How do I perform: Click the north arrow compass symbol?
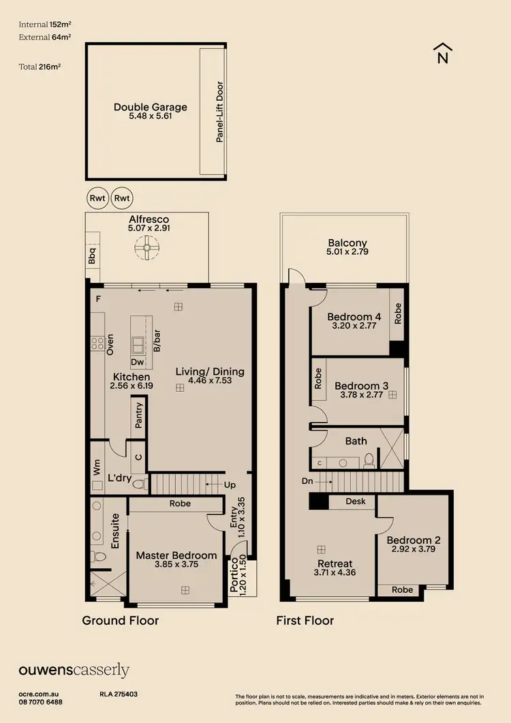442,53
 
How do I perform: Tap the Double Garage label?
150,107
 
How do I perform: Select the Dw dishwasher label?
137,363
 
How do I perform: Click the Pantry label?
139,414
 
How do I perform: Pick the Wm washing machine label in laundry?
96,468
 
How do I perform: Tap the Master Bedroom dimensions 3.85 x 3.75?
176,566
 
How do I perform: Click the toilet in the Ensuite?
99,557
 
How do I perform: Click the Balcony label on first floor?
347,243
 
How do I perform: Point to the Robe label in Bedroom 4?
398,313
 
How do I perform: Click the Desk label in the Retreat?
356,502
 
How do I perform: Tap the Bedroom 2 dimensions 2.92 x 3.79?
414,550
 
